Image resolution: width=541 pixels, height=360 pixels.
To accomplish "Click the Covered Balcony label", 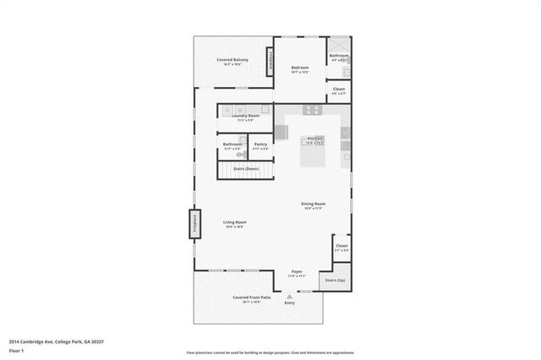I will tap(232, 60).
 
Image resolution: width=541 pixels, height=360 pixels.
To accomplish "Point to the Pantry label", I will tap(260, 144).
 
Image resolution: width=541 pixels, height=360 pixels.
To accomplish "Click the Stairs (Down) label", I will tap(246, 169).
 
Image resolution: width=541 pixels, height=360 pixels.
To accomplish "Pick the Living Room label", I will tap(234, 222).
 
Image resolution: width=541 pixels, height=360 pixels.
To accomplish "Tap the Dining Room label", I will tap(314, 203).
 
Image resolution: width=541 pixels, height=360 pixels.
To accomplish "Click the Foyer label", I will tap(298, 271).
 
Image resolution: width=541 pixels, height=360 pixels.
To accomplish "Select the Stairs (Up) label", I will tap(335, 280).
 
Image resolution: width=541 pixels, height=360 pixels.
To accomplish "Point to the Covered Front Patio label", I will tap(252, 297).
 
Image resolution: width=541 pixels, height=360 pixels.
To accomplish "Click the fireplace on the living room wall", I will tap(194, 224).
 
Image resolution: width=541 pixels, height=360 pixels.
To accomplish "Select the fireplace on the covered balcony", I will tap(270, 60).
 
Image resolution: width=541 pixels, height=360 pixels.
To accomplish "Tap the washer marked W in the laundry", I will tap(241, 110).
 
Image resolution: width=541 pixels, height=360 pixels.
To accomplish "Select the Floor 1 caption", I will tap(16, 349).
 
